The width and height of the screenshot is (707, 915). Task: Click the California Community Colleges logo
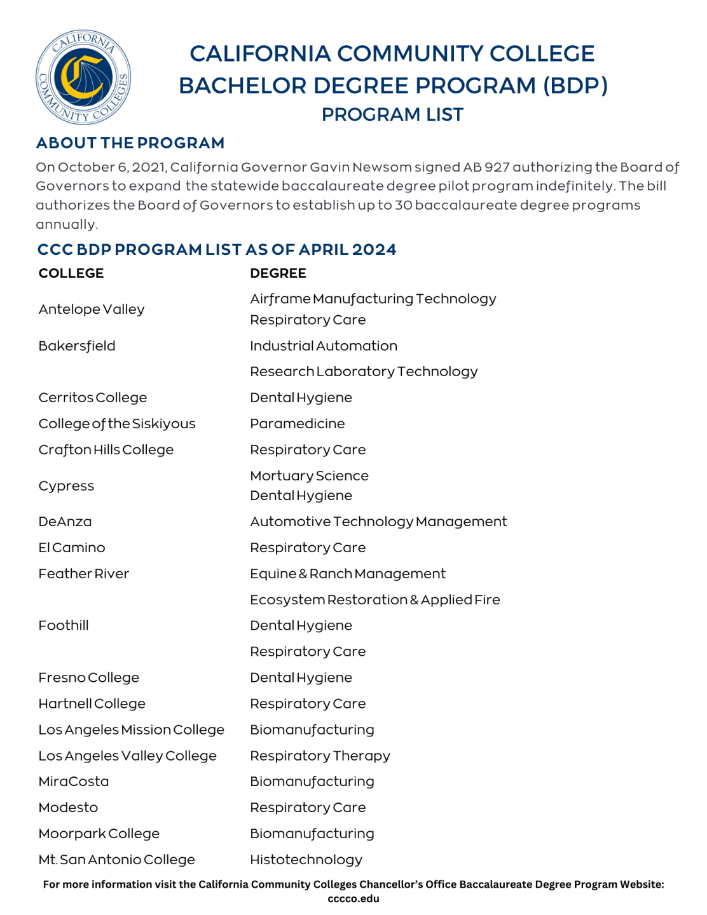pyautogui.click(x=83, y=77)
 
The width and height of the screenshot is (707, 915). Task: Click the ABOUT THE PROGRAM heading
pyautogui.click(x=130, y=143)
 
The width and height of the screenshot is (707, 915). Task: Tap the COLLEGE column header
pyautogui.click(x=71, y=273)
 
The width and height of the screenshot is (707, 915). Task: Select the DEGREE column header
pyautogui.click(x=278, y=273)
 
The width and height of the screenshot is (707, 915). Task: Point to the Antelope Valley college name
pyautogui.click(x=92, y=309)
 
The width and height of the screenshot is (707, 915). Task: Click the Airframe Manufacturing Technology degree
pyautogui.click(x=373, y=299)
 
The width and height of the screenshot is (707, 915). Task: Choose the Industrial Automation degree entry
pyautogui.click(x=323, y=346)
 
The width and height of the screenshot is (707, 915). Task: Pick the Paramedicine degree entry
pyautogui.click(x=297, y=424)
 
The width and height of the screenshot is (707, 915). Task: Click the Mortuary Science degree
pyautogui.click(x=309, y=476)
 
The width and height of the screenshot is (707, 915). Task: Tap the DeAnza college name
pyautogui.click(x=65, y=522)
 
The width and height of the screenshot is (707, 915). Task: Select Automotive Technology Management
pyautogui.click(x=378, y=522)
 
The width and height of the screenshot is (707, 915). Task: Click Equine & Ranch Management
pyautogui.click(x=347, y=574)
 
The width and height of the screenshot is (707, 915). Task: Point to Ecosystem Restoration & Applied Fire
pyautogui.click(x=374, y=600)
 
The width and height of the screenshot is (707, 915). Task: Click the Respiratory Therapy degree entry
pyautogui.click(x=320, y=756)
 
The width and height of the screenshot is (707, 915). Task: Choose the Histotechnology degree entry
pyautogui.click(x=306, y=860)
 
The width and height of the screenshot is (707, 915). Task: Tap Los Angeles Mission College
pyautogui.click(x=131, y=730)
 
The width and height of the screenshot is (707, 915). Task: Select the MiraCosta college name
pyautogui.click(x=74, y=782)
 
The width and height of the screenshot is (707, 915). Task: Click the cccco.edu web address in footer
pyautogui.click(x=353, y=898)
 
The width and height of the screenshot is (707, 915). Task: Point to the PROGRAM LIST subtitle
pyautogui.click(x=392, y=115)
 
